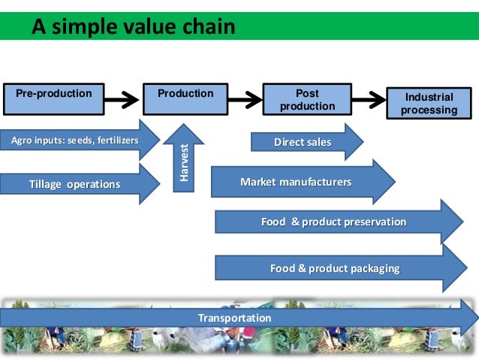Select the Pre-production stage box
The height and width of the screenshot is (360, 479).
[x=53, y=94]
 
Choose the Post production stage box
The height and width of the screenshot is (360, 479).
[x=307, y=100]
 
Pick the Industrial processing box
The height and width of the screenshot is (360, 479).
[x=429, y=104]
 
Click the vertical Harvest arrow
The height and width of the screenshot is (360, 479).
[x=183, y=158]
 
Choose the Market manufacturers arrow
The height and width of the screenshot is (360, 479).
[x=300, y=182]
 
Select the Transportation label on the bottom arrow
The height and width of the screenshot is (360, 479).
[x=234, y=318]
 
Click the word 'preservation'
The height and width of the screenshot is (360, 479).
[x=373, y=222]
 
